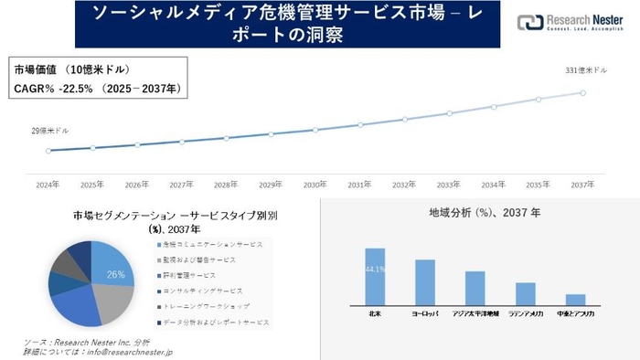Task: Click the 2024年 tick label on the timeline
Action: pos(47,184)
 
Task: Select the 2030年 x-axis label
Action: pos(315,184)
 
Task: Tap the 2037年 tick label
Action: pos(582,184)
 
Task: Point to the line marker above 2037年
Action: pos(582,91)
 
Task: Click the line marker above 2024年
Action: pos(48,150)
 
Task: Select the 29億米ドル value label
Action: pos(49,131)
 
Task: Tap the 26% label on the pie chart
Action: pos(115,273)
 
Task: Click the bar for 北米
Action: pos(375,276)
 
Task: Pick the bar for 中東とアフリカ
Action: pos(575,299)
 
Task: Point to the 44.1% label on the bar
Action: pos(375,269)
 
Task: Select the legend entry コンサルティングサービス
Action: pos(205,291)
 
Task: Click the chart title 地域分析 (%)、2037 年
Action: pos(484,212)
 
